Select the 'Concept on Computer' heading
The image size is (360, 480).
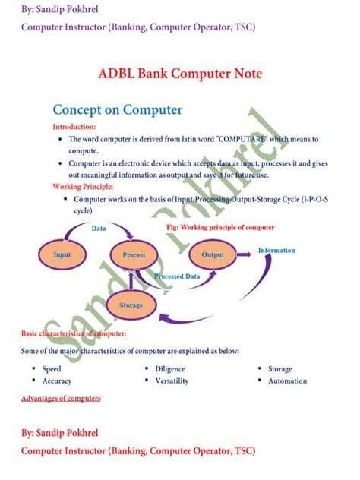pyautogui.click(x=118, y=110)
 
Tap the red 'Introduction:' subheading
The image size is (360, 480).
pyautogui.click(x=74, y=127)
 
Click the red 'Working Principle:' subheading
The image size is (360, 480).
pyautogui.click(x=83, y=186)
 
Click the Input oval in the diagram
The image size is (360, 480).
pyautogui.click(x=62, y=255)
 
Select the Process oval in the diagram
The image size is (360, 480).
pyautogui.click(x=134, y=255)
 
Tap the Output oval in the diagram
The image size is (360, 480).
pyautogui.click(x=213, y=254)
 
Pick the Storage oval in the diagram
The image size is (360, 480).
pyautogui.click(x=131, y=305)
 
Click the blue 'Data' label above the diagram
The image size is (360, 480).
pyautogui.click(x=99, y=228)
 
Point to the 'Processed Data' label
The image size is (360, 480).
pyautogui.click(x=177, y=276)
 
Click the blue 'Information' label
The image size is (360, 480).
pyautogui.click(x=276, y=250)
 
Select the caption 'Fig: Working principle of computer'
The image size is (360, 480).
pyautogui.click(x=220, y=227)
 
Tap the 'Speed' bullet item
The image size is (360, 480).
pyautogui.click(x=52, y=368)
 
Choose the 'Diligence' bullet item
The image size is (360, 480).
pyautogui.click(x=170, y=368)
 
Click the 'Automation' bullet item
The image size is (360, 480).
pyautogui.click(x=287, y=381)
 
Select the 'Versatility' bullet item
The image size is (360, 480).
pyautogui.click(x=172, y=381)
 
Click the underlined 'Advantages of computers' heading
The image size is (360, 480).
pyautogui.click(x=61, y=398)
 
